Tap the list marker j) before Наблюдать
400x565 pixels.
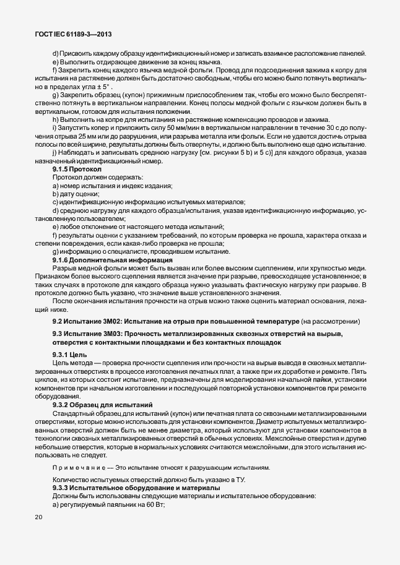point(54,153)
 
